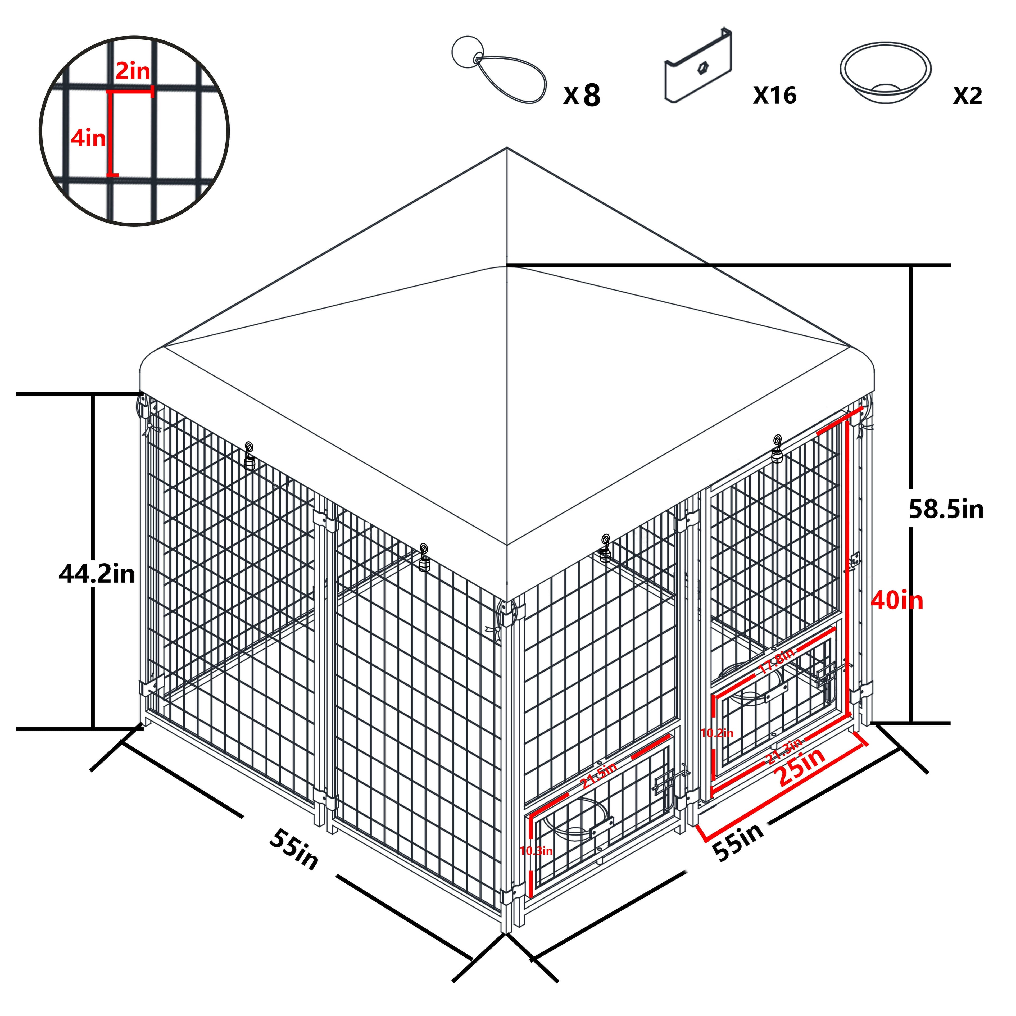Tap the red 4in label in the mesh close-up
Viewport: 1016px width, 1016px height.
tap(88, 138)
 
